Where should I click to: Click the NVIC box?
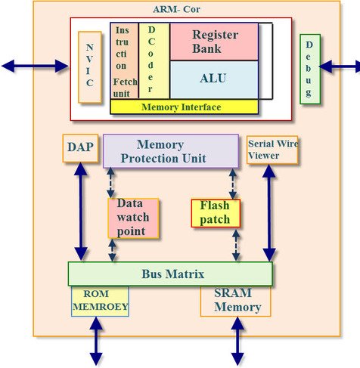89,67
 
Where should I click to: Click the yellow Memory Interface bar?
185,107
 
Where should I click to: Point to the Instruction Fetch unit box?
124,60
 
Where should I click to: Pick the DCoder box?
154,60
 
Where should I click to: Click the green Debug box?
309,69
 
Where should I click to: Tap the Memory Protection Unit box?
171,151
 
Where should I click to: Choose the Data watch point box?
134,217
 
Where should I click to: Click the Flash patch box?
216,212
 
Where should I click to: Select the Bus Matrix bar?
170,273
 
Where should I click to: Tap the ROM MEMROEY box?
100,301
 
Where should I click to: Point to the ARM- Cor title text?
181,9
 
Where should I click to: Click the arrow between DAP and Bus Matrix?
80,212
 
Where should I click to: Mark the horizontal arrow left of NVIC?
35,66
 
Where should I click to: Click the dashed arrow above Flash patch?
232,184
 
